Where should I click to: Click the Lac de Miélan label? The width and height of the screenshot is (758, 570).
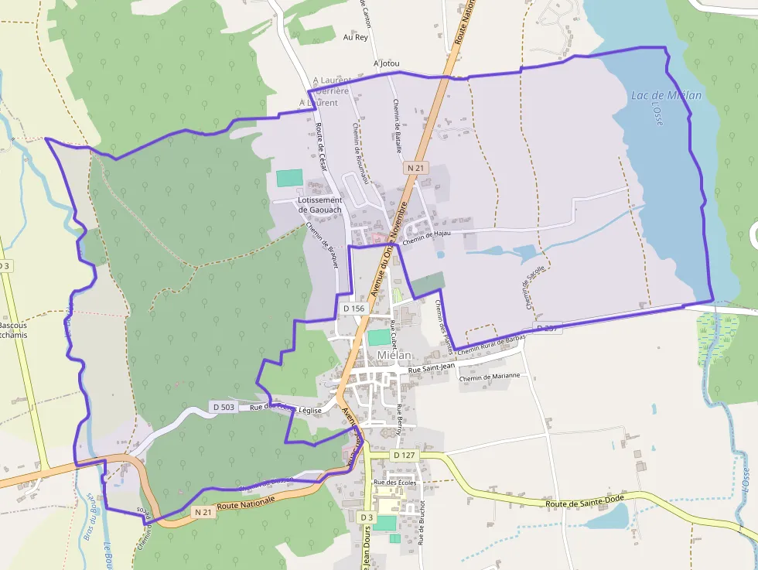click(x=666, y=96)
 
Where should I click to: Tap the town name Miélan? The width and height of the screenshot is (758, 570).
click(x=395, y=356)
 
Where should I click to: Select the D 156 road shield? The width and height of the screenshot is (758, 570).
click(x=353, y=308)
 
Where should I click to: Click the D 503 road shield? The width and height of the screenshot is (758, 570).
click(x=224, y=407)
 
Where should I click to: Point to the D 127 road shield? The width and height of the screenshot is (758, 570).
click(x=405, y=456)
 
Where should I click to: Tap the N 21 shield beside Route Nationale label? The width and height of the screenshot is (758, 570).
click(x=203, y=512)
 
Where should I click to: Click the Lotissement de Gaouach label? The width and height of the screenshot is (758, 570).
click(x=319, y=205)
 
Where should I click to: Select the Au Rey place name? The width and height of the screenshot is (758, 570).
click(x=356, y=36)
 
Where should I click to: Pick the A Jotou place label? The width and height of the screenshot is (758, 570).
click(x=386, y=63)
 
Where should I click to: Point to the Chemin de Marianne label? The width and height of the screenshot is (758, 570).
click(x=490, y=377)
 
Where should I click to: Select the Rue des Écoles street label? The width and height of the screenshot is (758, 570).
click(x=394, y=483)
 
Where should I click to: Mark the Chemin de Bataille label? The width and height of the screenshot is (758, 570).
click(x=398, y=124)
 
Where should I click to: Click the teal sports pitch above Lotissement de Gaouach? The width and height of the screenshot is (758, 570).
click(x=289, y=178)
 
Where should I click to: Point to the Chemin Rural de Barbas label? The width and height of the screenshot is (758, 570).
click(x=491, y=345)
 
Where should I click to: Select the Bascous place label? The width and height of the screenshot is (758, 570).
click(x=13, y=326)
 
